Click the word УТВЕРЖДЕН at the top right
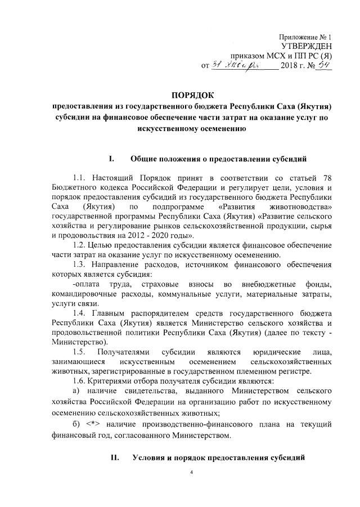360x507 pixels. (305, 46)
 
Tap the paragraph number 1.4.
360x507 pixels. (81, 312)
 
